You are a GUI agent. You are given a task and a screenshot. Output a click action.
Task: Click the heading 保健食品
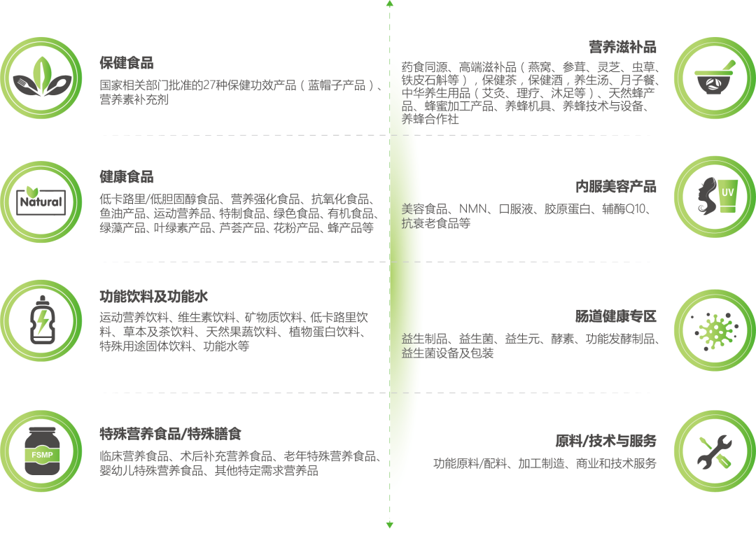tap(127, 63)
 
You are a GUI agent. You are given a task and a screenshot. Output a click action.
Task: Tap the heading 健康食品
tap(127, 176)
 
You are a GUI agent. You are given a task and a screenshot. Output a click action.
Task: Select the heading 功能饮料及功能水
tap(154, 297)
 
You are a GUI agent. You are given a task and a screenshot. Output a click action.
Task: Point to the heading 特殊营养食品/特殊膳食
tap(171, 435)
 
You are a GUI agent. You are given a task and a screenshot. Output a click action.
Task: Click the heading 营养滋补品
tap(622, 47)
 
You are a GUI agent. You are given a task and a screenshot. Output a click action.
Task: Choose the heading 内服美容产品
tap(616, 187)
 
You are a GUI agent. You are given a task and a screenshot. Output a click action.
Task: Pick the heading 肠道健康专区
tap(616, 317)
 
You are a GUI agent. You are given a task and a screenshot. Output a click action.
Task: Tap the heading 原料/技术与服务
tap(605, 441)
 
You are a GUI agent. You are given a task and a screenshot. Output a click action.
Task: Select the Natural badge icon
tap(41, 200)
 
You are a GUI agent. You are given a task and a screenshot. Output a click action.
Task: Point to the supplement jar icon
tap(41, 450)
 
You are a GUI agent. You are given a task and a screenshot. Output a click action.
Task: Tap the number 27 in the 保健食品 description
tap(208, 86)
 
